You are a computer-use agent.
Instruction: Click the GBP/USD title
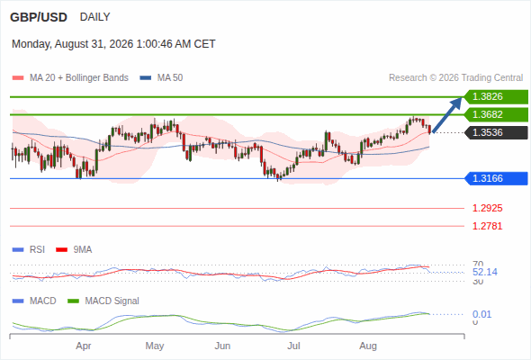point(39,17)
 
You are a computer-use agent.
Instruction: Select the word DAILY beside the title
point(94,17)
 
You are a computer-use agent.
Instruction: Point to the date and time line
point(113,44)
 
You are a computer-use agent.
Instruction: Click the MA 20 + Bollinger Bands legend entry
point(70,78)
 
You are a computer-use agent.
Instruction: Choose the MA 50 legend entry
point(161,78)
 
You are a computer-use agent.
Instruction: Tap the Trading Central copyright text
point(455,78)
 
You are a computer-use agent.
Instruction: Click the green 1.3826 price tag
point(496,97)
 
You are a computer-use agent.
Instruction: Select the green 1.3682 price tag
point(496,115)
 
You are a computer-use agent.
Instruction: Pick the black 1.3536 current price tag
point(496,133)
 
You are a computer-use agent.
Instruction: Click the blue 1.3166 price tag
point(496,178)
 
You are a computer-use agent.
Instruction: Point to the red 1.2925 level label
point(487,208)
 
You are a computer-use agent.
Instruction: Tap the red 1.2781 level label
point(487,226)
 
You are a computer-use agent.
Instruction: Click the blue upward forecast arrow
point(447,115)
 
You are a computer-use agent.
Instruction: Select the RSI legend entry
point(29,250)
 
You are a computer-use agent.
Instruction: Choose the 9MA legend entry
point(74,250)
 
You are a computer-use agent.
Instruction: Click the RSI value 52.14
point(485,272)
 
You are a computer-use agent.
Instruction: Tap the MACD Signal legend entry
point(103,301)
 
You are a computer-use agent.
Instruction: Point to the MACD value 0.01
point(481,314)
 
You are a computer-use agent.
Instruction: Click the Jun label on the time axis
point(222,346)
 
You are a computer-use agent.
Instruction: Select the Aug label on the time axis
point(368,346)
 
